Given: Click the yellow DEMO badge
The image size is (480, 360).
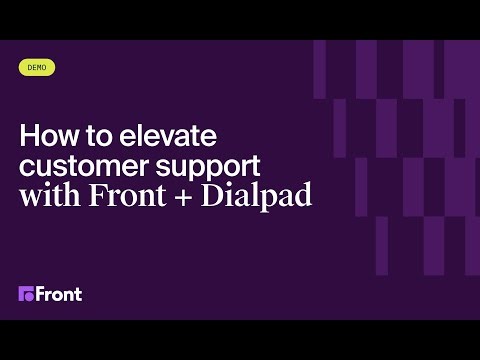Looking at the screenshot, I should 37,68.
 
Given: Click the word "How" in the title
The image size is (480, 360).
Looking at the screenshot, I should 44,135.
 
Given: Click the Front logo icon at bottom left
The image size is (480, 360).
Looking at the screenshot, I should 26,294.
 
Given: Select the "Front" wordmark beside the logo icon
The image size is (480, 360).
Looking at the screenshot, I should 59,294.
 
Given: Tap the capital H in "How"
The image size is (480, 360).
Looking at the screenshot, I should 28,135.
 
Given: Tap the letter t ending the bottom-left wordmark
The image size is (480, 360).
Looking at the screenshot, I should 78,294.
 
